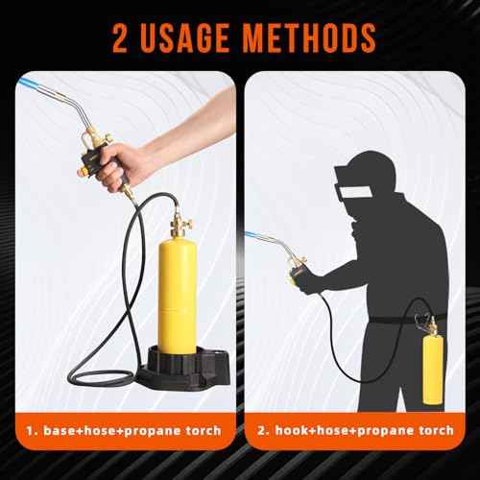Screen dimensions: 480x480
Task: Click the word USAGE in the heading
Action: pyautogui.click(x=191, y=37)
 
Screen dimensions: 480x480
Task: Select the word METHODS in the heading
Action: pyautogui.click(x=310, y=37)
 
